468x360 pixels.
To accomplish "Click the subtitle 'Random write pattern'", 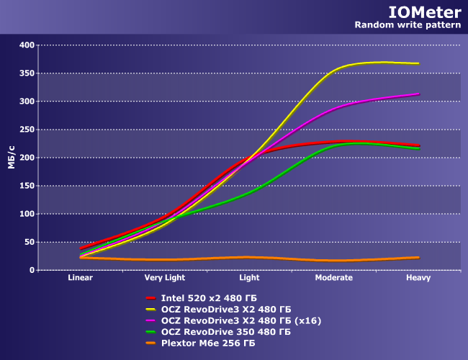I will pos(408,25).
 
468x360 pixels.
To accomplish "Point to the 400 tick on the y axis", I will pos(27,45).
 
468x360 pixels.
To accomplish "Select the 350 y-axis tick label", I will pos(27,73).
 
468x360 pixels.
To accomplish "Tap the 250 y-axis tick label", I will pos(27,130).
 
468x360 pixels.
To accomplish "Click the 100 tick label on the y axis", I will pos(27,214).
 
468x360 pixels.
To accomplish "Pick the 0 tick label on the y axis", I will pos(32,270).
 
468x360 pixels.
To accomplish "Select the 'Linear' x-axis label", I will pos(81,277).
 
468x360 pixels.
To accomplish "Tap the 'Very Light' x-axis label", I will pos(165,277).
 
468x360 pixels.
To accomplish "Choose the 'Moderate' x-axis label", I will pos(334,277).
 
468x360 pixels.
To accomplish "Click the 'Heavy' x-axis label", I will pos(418,277).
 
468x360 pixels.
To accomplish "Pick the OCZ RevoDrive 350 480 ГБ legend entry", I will pos(225,332).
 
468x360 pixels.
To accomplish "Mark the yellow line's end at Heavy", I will pos(418,63).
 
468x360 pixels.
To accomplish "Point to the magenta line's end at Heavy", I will pos(418,94).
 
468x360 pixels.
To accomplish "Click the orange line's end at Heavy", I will pos(418,257).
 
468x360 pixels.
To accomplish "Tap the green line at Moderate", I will pos(334,145).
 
